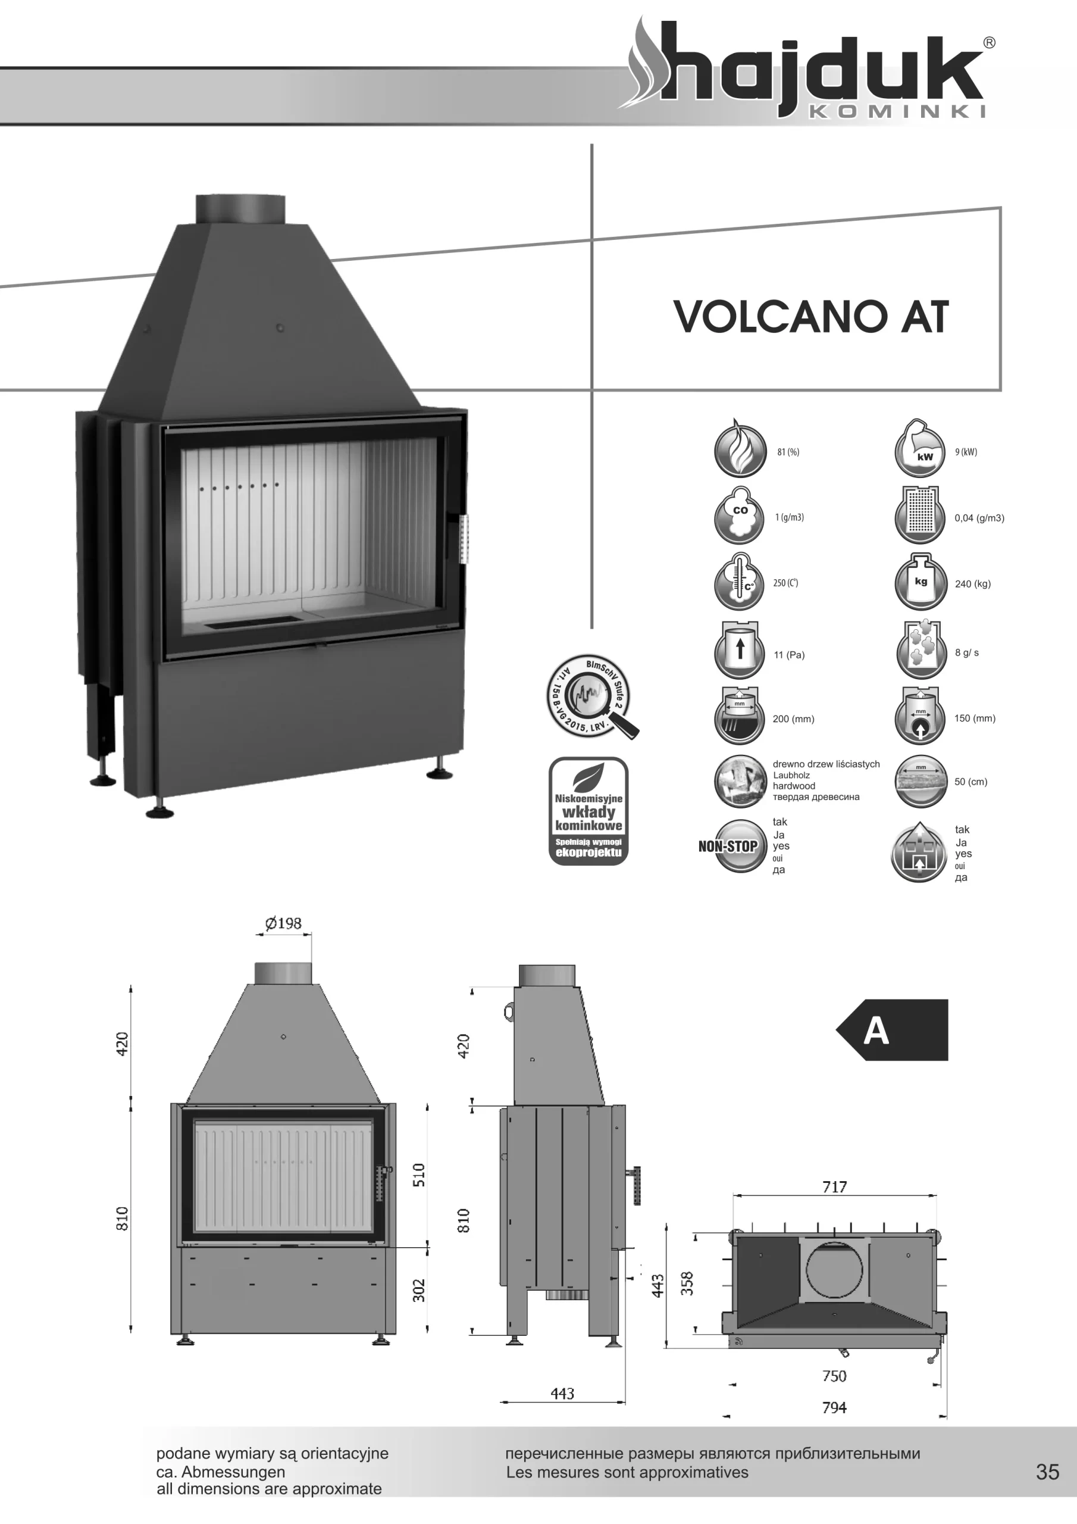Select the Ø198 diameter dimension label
point(283,923)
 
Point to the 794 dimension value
point(834,1407)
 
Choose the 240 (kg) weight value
point(972,584)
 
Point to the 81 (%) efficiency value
point(788,452)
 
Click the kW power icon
point(920,451)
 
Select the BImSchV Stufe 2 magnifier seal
point(590,698)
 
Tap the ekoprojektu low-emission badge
point(588,811)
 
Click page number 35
point(1047,1472)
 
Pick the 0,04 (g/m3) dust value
point(979,518)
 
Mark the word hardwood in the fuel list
point(794,786)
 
